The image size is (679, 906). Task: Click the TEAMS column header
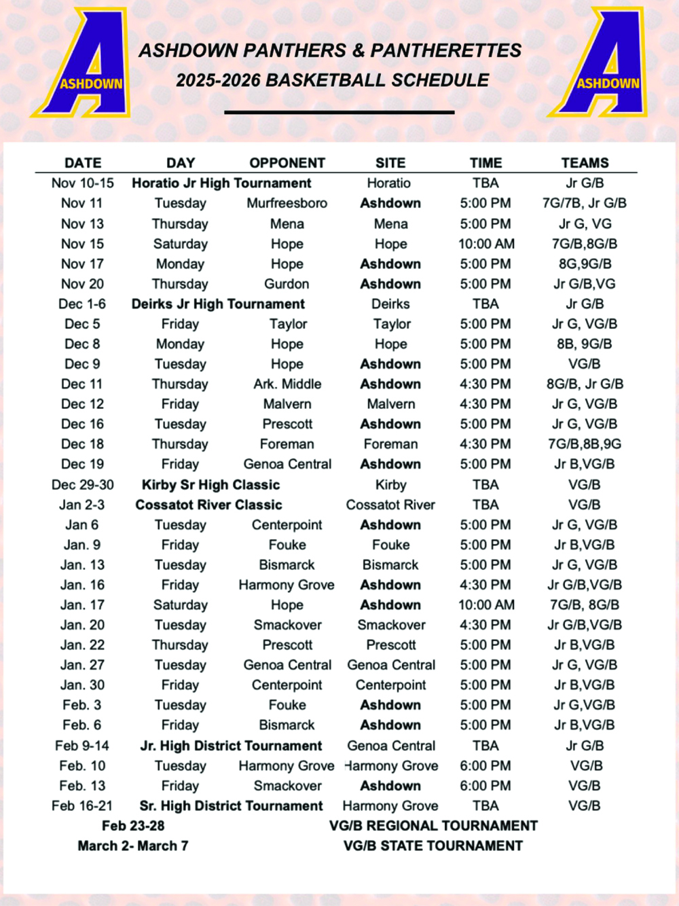(x=585, y=163)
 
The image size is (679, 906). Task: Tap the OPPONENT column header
(x=287, y=163)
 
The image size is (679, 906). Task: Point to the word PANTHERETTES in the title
(x=446, y=51)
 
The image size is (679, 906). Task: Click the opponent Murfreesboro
(x=287, y=203)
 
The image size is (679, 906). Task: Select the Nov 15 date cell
(x=82, y=244)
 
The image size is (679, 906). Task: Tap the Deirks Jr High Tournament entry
(x=218, y=304)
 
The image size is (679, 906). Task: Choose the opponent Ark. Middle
(x=287, y=384)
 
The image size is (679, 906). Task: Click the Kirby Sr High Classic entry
(x=210, y=485)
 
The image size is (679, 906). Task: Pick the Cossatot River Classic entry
(x=208, y=505)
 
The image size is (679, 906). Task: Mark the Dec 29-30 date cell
(x=82, y=485)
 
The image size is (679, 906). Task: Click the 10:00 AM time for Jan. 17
(x=486, y=604)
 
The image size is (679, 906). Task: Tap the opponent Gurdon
(x=287, y=284)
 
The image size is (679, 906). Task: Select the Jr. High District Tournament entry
(x=231, y=746)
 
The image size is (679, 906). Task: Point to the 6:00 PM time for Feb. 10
(x=485, y=765)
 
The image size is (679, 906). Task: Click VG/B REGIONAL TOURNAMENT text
(x=433, y=826)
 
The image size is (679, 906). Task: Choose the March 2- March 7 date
(x=133, y=846)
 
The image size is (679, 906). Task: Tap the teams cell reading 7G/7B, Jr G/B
(x=584, y=203)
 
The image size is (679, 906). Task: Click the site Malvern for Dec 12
(x=391, y=404)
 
